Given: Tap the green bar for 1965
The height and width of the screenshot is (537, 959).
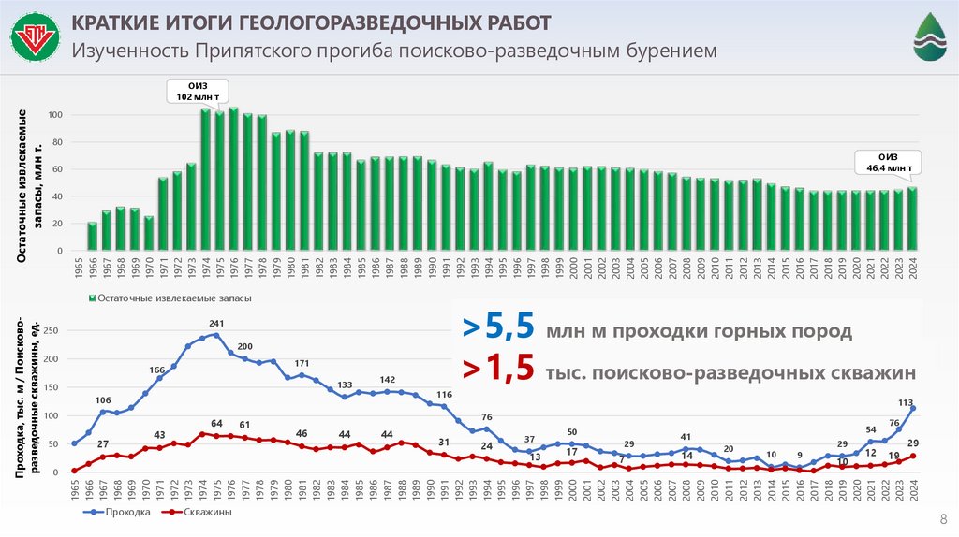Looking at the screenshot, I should [92, 237].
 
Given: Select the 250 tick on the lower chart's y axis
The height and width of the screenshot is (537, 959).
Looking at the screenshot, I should [52, 330].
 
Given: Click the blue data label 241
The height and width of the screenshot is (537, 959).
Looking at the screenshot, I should [216, 324].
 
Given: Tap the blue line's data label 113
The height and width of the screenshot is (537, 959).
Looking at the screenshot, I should [906, 403].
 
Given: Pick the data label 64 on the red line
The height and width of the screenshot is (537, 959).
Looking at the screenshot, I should [216, 424].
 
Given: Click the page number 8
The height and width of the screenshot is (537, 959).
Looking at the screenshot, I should [942, 520].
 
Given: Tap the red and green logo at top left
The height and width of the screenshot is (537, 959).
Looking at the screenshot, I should [35, 38].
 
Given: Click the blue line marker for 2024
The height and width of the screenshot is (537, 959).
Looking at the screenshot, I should [912, 408].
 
